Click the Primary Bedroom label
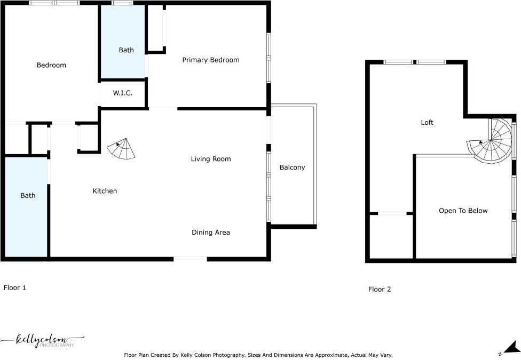click(211, 60)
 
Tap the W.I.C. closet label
click(123, 93)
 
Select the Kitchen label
click(105, 191)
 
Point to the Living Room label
click(211, 159)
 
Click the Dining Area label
click(211, 233)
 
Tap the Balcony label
click(292, 167)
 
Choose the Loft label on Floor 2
click(427, 123)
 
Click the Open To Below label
click(463, 211)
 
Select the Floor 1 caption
click(14, 287)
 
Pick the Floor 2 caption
click(380, 289)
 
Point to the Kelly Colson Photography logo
click(42, 341)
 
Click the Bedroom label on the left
click(51, 65)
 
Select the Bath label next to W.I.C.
click(127, 50)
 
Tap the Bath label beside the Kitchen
click(28, 196)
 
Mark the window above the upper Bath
click(123, 3)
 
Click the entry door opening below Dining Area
click(191, 259)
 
